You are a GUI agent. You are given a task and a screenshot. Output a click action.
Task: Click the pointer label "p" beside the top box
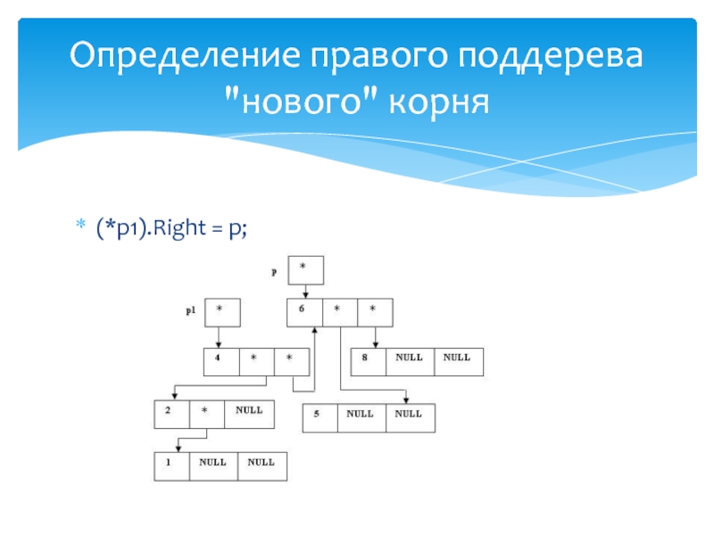[x=274, y=270]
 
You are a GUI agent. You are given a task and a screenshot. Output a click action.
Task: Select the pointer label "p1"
[x=191, y=312]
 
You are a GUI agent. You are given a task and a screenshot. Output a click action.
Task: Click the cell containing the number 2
[x=170, y=414]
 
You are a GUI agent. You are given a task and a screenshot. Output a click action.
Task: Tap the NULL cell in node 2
[x=248, y=414]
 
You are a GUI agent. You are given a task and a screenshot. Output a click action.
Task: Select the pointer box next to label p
[x=305, y=269]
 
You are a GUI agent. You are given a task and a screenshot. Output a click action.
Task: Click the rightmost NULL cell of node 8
[x=458, y=361]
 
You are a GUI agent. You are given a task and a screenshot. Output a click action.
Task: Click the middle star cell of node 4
[x=256, y=361]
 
